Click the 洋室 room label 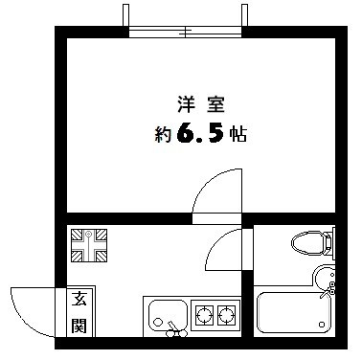tap(201, 104)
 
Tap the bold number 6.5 tap(200, 133)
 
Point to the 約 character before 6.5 tap(164, 134)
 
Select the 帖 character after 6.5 tap(238, 134)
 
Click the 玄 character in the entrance tap(79, 299)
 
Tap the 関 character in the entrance tap(79, 325)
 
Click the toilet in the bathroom tap(313, 243)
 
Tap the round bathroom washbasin tap(324, 279)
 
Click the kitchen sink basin tap(168, 315)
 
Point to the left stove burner tap(204, 315)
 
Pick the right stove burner tap(226, 315)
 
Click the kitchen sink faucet tap(175, 330)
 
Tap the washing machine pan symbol tap(89, 245)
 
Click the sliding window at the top tap(185, 32)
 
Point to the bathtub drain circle tap(322, 326)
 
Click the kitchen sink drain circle tap(157, 322)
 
